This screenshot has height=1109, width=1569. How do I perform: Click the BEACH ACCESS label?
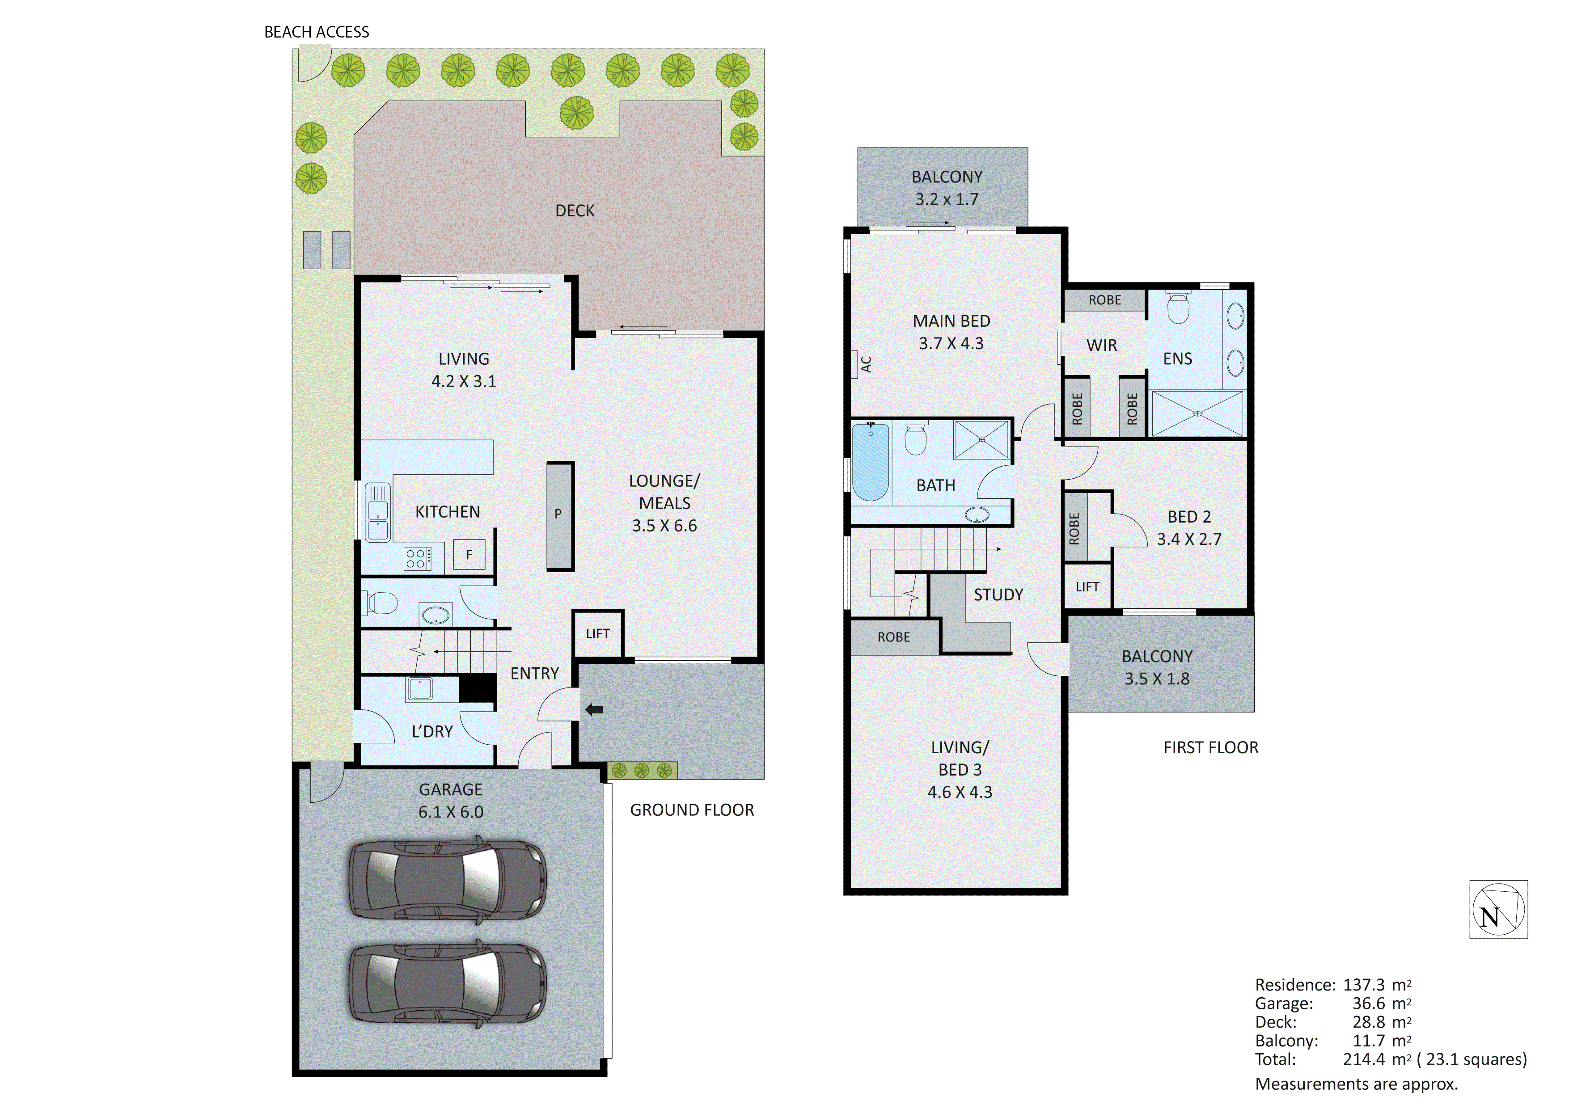point(317,32)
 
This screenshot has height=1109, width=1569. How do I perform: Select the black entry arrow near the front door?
point(594,710)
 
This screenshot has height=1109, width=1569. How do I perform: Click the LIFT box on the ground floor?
point(597,633)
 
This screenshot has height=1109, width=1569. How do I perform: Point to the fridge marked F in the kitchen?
point(469,554)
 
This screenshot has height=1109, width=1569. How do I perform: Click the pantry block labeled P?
point(559,514)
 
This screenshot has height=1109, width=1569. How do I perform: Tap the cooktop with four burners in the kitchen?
point(417,558)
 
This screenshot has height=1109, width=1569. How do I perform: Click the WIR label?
point(1102,346)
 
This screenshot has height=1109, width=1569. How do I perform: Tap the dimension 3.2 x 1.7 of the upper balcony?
point(947,199)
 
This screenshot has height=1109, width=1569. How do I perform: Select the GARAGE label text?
point(450,789)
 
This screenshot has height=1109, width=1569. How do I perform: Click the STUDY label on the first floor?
point(998,595)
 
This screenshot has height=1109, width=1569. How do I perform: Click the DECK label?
point(575,211)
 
